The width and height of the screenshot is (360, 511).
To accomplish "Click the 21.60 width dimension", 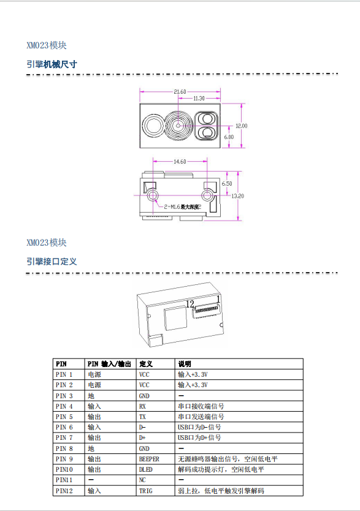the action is pyautogui.click(x=180, y=92).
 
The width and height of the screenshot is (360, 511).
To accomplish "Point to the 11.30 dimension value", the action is pyautogui.click(x=199, y=98).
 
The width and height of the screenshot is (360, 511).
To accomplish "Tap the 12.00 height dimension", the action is pyautogui.click(x=241, y=126).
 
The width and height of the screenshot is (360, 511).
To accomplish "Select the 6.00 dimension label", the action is pyautogui.click(x=229, y=137).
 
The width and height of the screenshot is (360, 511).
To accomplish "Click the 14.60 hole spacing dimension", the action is pyautogui.click(x=180, y=161).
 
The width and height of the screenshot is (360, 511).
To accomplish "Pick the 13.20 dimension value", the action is pyautogui.click(x=238, y=196).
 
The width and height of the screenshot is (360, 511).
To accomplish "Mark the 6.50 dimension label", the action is pyautogui.click(x=227, y=183).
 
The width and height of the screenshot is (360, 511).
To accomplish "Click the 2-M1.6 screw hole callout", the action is pyautogui.click(x=182, y=206).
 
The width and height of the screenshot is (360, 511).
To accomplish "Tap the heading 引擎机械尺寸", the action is pyautogui.click(x=52, y=64).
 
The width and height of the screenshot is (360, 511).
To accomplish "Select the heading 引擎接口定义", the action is pyautogui.click(x=52, y=262).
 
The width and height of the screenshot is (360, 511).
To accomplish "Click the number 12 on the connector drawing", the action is pyautogui.click(x=190, y=304).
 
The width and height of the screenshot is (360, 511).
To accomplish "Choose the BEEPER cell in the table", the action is pyautogui.click(x=149, y=459).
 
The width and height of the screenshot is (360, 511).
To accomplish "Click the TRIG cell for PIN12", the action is pyautogui.click(x=145, y=490).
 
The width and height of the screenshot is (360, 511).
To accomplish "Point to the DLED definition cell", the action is pyautogui.click(x=145, y=469).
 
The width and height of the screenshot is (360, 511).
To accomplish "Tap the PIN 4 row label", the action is pyautogui.click(x=64, y=406).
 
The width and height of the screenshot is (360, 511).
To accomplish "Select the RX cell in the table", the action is pyautogui.click(x=142, y=406).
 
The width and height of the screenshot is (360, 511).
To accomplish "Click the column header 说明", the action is pyautogui.click(x=184, y=364).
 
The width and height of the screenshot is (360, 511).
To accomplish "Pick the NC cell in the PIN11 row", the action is pyautogui.click(x=142, y=480).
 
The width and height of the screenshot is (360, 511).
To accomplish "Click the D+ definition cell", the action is pyautogui.click(x=142, y=437).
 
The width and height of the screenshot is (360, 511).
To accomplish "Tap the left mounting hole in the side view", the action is pyautogui.click(x=153, y=196).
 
